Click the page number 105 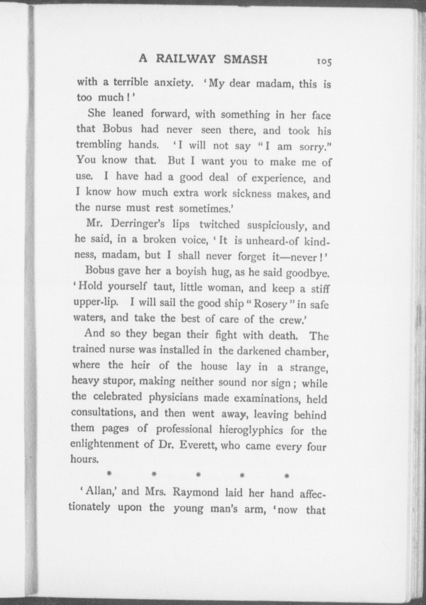[x=324, y=61]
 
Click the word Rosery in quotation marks [x=270, y=304]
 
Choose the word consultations [x=103, y=413]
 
